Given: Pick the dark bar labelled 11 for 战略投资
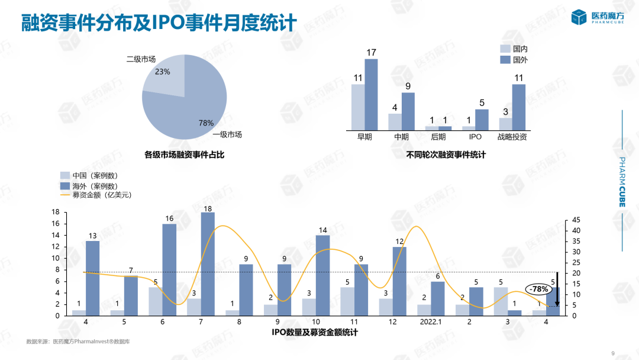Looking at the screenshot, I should (x=519, y=107).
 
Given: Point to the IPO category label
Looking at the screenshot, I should (x=475, y=137).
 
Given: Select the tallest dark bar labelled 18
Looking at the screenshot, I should (x=208, y=263).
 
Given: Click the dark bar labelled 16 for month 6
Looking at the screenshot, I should (x=169, y=269).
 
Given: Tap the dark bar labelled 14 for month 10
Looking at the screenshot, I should (x=323, y=275).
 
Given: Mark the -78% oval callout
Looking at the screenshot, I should (x=538, y=290).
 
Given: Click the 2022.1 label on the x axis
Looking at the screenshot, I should (x=431, y=323).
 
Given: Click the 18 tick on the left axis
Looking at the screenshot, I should (x=56, y=212).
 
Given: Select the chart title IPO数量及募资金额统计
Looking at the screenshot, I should (x=315, y=333).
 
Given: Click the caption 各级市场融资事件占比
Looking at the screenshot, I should (x=184, y=155).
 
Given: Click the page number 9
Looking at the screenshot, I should (x=613, y=353).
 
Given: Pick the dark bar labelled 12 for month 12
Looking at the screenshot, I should (x=399, y=281).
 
